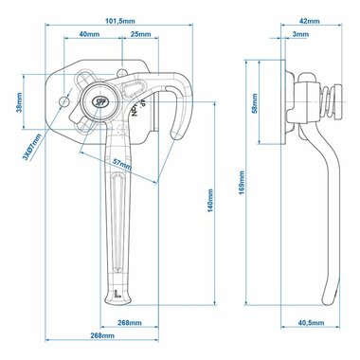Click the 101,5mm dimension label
119,21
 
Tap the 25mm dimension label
141,34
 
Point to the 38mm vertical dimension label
19,102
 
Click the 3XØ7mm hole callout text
32,147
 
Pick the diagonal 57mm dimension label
122,163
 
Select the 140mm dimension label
210,201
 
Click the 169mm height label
242,183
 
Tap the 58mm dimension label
255,103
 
